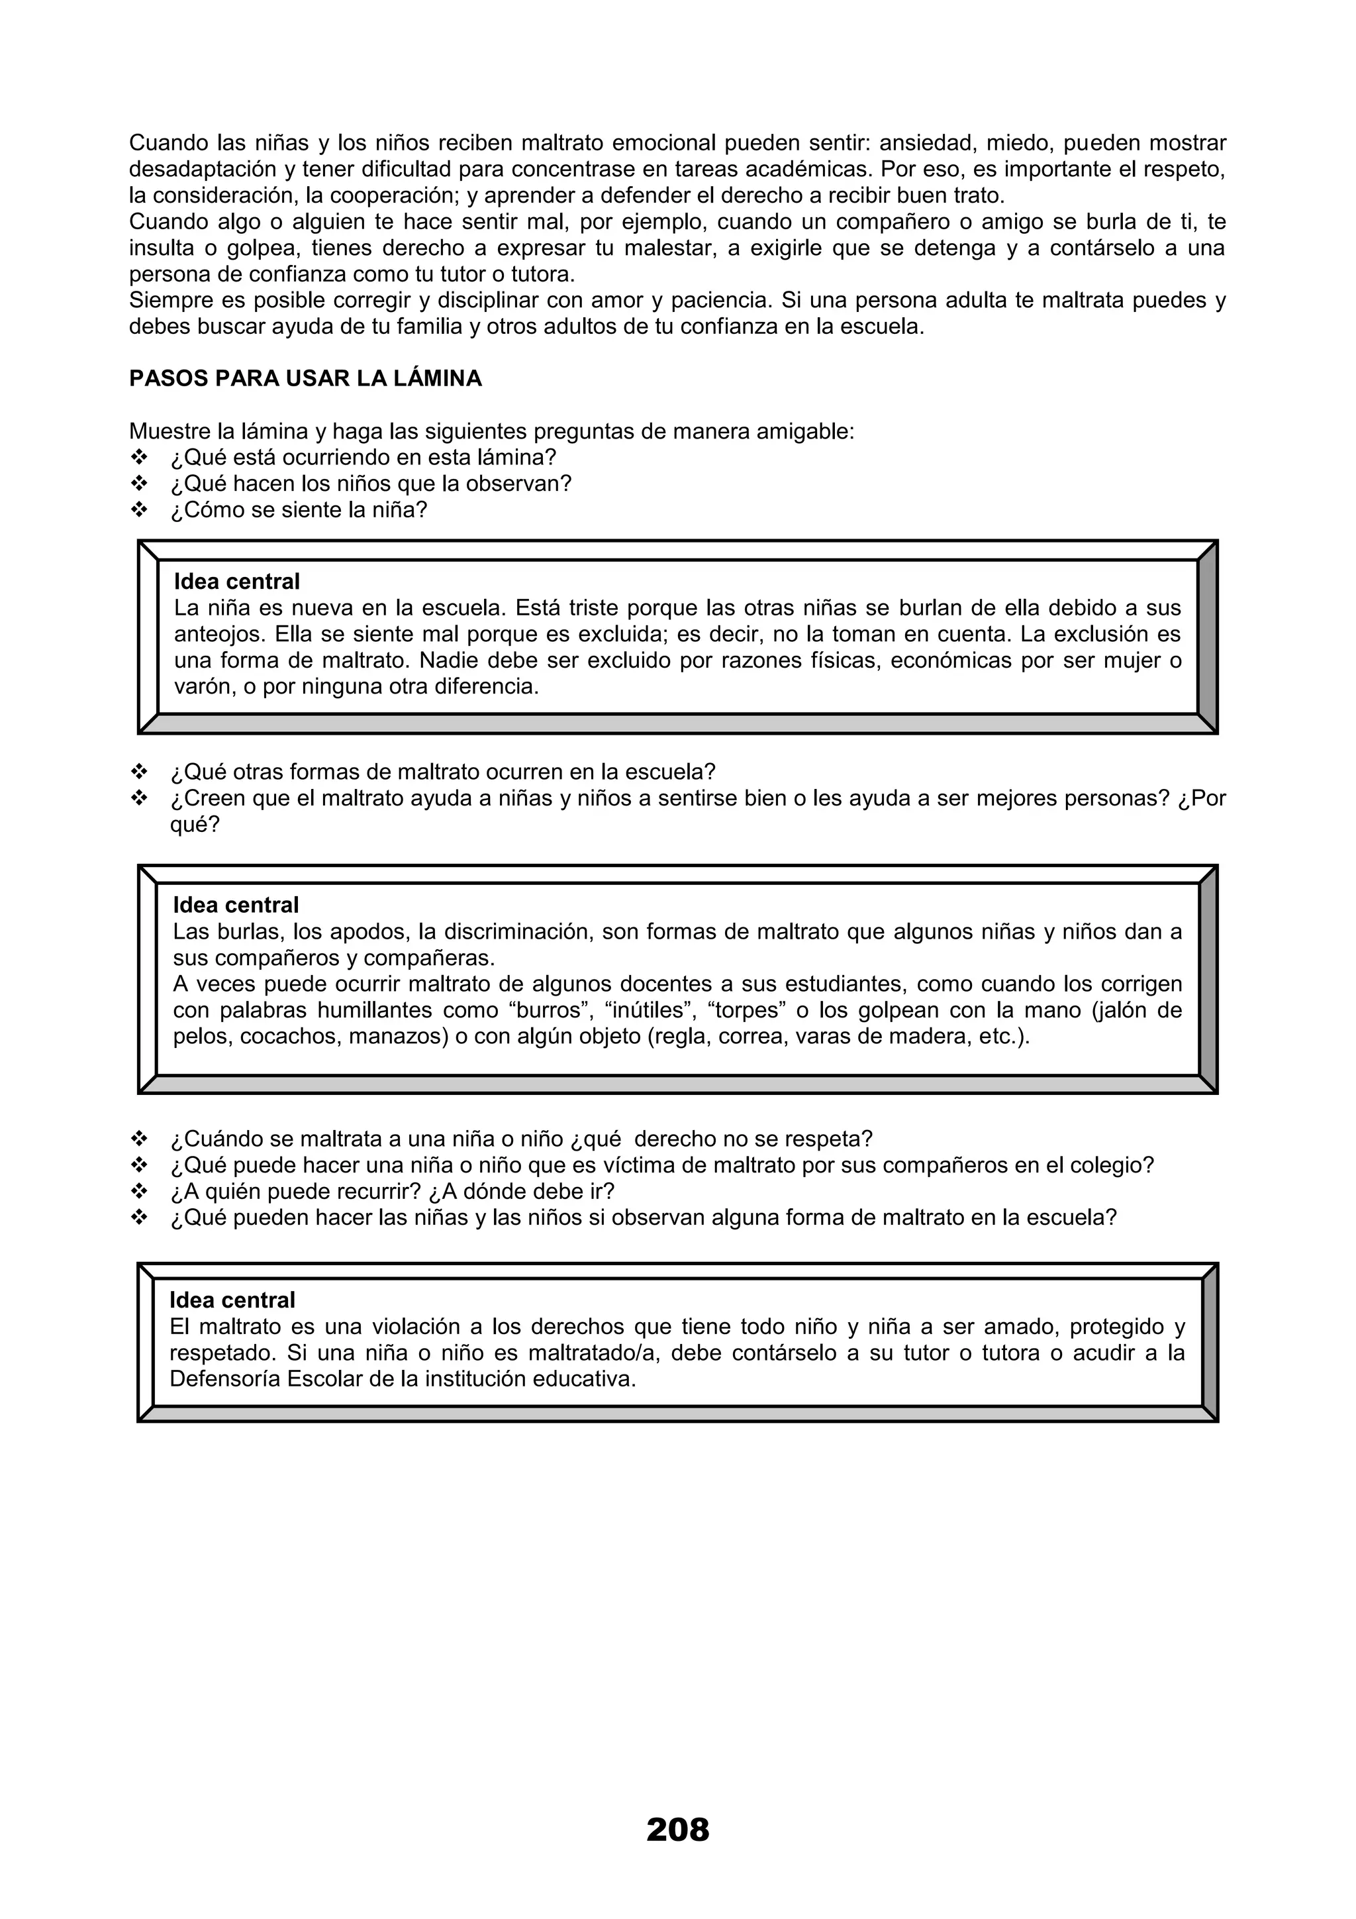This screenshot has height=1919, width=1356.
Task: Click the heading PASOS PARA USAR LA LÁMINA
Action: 305,379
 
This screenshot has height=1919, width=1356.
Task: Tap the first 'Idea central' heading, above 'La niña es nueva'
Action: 236,582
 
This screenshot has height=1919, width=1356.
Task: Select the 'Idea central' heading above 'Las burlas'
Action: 236,905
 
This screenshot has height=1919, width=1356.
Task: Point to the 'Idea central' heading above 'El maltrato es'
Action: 232,1300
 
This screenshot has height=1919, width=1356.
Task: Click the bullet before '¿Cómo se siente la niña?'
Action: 140,510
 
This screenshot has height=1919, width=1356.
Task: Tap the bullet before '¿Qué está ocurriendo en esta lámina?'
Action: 140,458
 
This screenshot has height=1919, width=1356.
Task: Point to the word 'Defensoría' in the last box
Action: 224,1379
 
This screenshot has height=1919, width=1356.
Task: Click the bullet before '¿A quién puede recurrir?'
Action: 140,1191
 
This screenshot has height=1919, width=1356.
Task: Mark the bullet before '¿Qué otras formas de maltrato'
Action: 140,772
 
